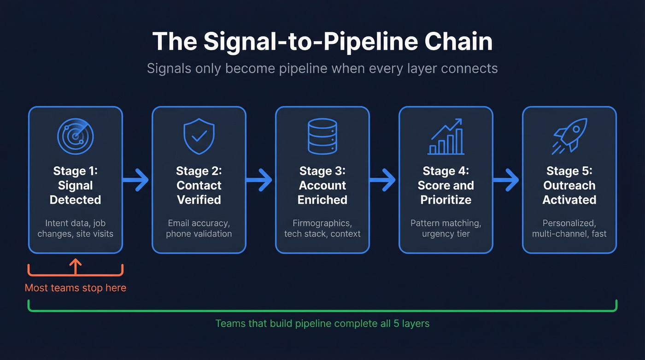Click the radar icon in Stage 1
click(x=75, y=136)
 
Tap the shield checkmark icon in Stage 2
click(x=199, y=136)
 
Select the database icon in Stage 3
click(x=322, y=136)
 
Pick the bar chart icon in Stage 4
click(x=446, y=137)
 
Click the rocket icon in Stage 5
click(x=569, y=136)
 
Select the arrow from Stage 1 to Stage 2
click(x=136, y=180)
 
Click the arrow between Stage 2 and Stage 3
click(x=260, y=180)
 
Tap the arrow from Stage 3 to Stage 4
click(x=383, y=180)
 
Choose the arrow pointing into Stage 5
click(x=507, y=180)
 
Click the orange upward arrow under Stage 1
click(x=75, y=266)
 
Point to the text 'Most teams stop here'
click(x=75, y=288)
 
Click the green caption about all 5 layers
click(x=322, y=323)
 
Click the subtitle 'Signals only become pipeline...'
click(x=322, y=69)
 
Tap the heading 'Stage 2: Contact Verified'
click(x=199, y=185)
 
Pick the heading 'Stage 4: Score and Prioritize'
click(x=446, y=185)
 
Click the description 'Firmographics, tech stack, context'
click(x=322, y=228)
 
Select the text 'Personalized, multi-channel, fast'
click(x=569, y=228)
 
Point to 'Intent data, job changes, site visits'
click(x=75, y=228)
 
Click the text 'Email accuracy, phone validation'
click(x=199, y=228)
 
